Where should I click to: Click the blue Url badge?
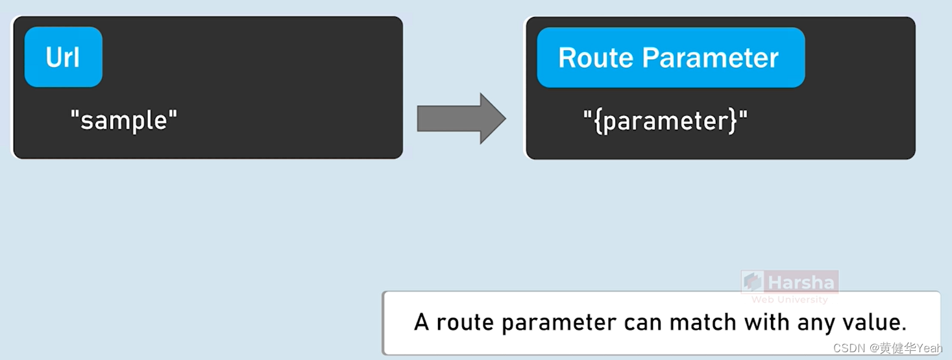(63, 57)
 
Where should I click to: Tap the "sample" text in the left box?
(123, 120)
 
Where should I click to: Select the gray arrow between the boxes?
(461, 118)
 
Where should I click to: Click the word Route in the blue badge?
(596, 58)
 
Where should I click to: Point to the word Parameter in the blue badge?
(711, 58)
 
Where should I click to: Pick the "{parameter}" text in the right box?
(665, 121)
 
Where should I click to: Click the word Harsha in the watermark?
(801, 283)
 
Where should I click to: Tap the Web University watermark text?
(789, 300)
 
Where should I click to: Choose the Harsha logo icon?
(753, 282)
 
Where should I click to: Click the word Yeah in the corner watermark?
(929, 348)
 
